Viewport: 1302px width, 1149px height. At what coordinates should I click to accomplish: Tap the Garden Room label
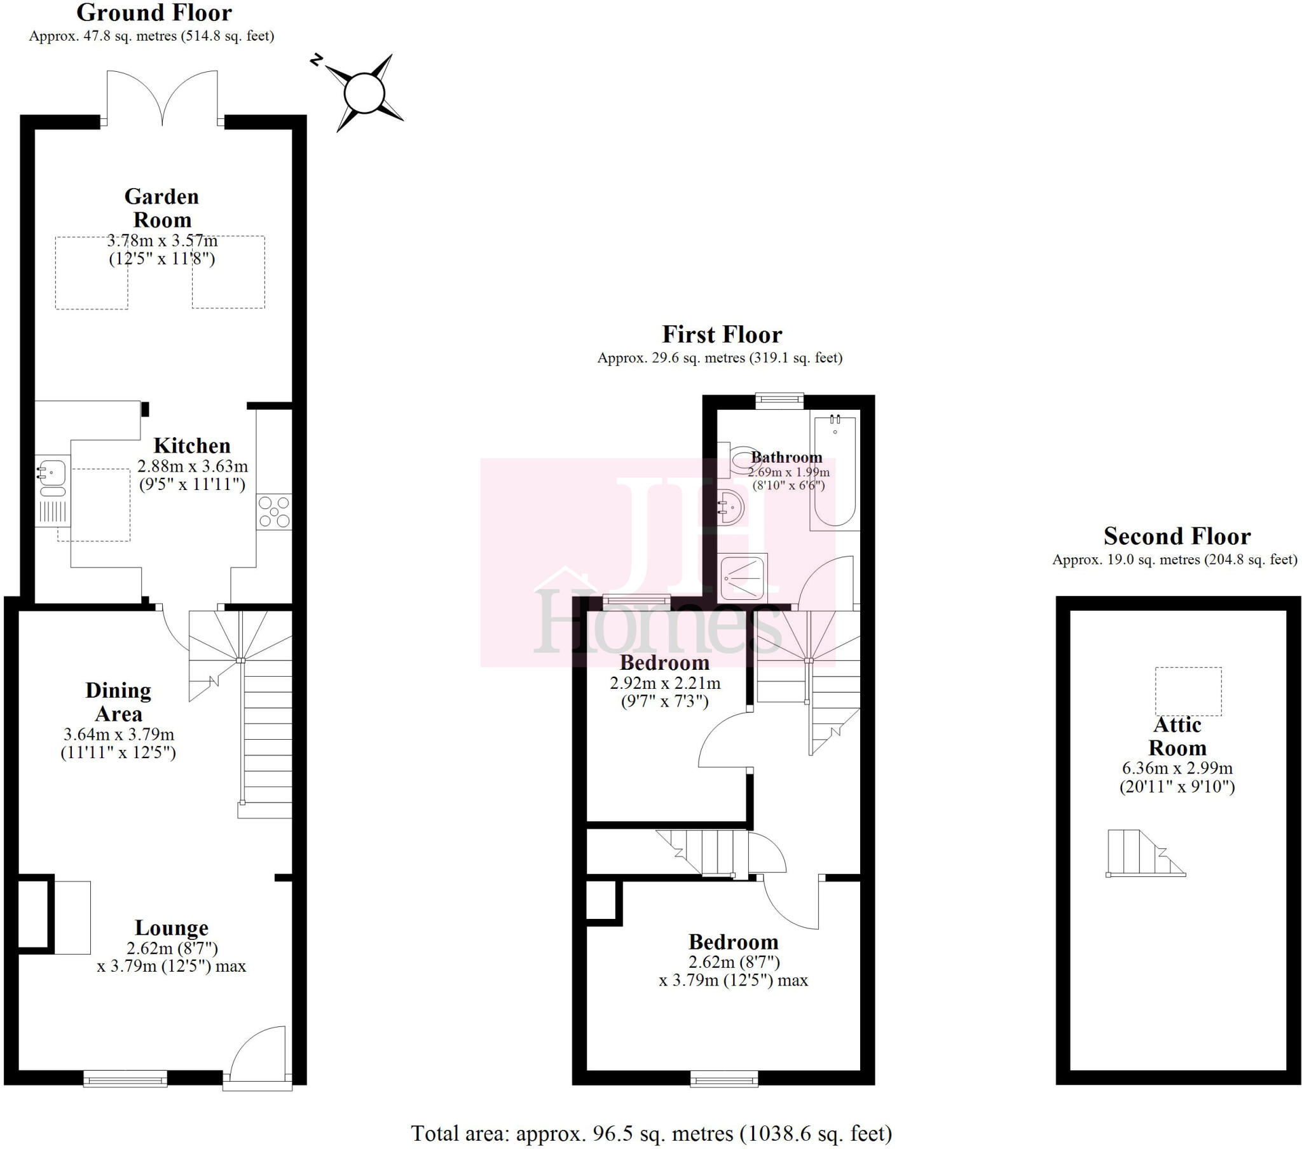point(161,208)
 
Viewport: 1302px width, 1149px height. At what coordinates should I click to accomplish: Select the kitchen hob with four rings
point(275,512)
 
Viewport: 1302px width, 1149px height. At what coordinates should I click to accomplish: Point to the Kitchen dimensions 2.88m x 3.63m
point(193,466)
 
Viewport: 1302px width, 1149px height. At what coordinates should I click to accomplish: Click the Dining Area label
point(118,702)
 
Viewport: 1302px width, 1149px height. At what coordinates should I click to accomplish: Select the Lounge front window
point(125,1078)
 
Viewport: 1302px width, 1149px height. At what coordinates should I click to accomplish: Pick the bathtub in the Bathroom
point(835,472)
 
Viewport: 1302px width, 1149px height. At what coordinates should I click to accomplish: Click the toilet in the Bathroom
point(739,459)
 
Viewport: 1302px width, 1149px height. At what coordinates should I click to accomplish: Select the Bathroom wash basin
point(731,507)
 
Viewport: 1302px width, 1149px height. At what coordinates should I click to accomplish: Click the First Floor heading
point(722,334)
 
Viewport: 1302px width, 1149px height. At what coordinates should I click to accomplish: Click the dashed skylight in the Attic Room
point(1188,691)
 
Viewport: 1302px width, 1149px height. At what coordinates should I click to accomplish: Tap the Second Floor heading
point(1177,536)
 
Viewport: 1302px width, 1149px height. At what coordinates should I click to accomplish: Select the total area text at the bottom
point(651,1133)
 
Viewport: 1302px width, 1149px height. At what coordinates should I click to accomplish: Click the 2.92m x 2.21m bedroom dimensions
point(665,683)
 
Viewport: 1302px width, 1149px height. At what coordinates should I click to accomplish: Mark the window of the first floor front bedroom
point(724,1078)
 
